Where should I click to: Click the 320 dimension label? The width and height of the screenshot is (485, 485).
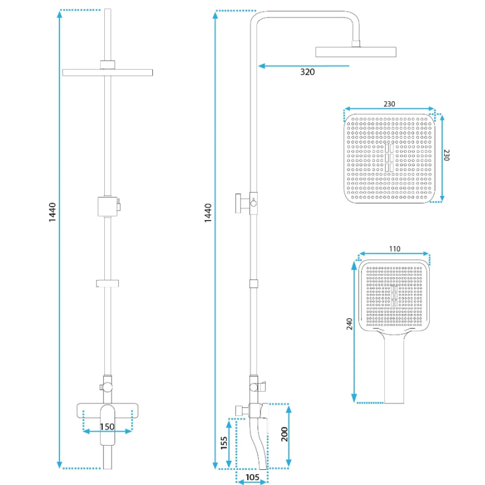[308, 72]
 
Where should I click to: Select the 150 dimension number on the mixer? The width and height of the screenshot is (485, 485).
[107, 426]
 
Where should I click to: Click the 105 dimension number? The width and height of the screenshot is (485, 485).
[253, 478]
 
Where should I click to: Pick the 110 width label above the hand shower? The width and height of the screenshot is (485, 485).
[394, 249]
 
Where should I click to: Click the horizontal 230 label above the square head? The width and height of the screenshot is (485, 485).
[389, 104]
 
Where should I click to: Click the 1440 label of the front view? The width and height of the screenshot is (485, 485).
[53, 212]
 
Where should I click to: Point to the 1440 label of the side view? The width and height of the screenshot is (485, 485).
[208, 212]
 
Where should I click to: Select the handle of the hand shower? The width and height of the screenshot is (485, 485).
[395, 370]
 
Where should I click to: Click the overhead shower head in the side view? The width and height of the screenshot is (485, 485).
[356, 51]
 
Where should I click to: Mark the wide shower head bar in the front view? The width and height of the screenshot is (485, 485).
[108, 73]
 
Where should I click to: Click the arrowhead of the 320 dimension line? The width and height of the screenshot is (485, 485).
[261, 65]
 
